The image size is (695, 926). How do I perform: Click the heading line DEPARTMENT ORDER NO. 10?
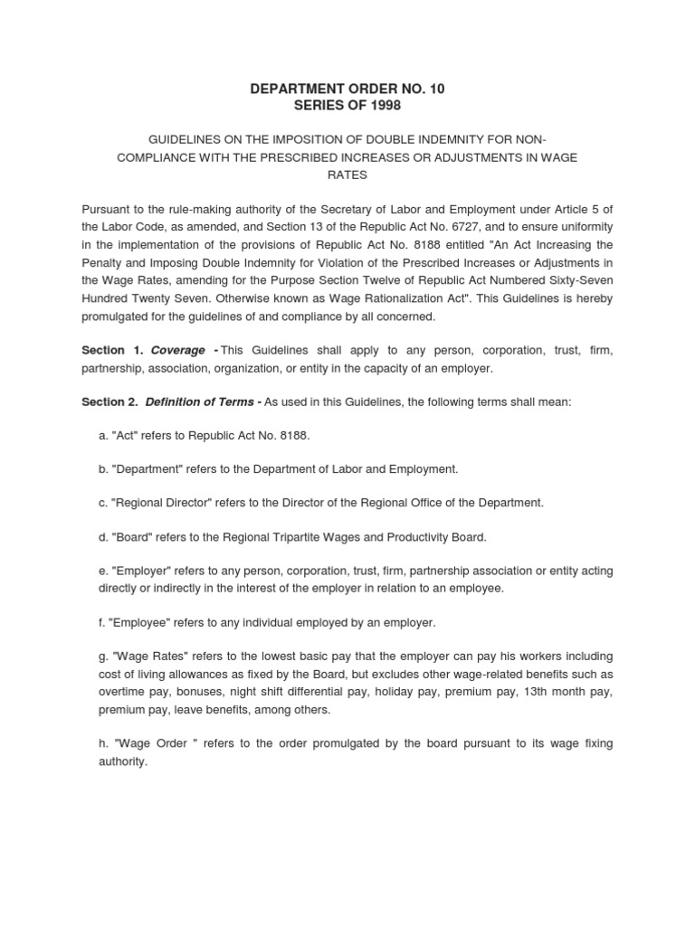347,89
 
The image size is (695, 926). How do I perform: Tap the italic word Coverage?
178,350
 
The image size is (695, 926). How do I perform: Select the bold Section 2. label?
109,402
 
